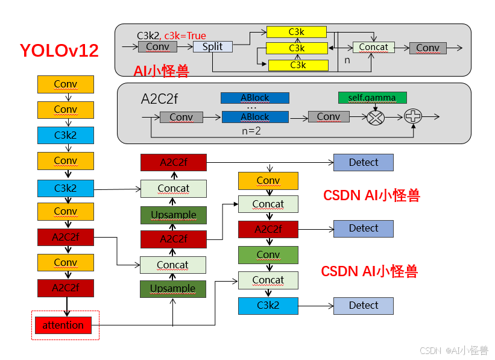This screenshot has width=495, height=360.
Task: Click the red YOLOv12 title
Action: (59, 50)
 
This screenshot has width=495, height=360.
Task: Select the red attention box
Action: (63, 326)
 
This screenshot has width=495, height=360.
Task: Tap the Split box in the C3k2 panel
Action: (212, 47)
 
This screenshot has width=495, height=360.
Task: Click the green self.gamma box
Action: (372, 98)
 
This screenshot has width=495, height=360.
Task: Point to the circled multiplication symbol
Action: (376, 117)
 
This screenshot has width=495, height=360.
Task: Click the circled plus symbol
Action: (413, 116)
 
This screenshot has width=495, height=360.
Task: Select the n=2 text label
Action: (250, 130)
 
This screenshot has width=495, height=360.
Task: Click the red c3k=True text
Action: (185, 36)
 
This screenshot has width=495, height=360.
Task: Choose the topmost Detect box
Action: (363, 162)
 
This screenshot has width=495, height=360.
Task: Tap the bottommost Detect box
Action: (363, 306)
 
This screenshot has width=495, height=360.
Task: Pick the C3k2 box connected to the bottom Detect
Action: (268, 306)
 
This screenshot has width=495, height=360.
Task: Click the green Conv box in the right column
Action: (268, 255)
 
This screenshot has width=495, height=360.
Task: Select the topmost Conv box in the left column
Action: (65, 84)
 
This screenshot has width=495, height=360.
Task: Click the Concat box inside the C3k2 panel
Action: (373, 47)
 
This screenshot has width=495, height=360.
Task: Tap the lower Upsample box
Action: (173, 289)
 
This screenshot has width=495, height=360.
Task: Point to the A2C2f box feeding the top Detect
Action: (173, 162)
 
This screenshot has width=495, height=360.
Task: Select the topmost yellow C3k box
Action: (297, 32)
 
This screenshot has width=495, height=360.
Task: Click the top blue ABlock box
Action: (254, 98)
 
